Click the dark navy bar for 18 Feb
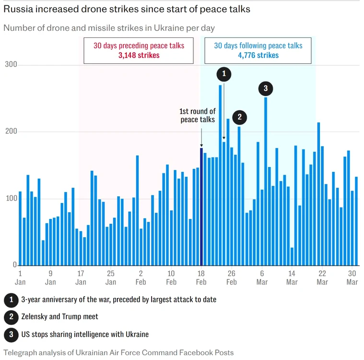point(201,206)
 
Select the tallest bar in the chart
point(220,175)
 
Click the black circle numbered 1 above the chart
point(224,74)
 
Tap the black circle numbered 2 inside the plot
point(240,117)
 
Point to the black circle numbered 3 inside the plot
point(266,88)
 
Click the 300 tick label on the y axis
point(11,64)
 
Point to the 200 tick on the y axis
point(11,132)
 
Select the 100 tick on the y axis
point(12,198)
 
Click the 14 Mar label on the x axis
point(292,278)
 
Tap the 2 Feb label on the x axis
point(141,278)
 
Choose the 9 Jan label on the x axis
point(50,278)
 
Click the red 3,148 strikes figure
point(139,55)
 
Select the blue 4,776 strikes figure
point(258,55)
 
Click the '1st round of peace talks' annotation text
point(198,115)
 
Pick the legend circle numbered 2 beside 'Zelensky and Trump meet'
point(11,317)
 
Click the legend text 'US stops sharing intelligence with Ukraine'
point(85,335)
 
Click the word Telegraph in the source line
point(20,353)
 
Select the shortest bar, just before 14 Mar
point(292,257)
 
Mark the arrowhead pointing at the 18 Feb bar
point(201,145)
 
